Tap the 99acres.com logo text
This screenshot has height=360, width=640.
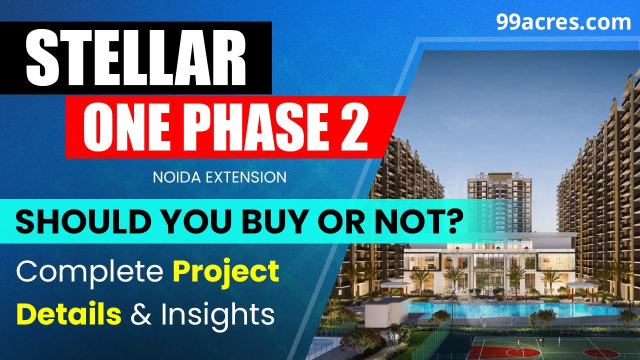[x=563, y=23]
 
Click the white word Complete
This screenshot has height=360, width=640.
[x=90, y=272]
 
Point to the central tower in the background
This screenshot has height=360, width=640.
[x=493, y=200]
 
